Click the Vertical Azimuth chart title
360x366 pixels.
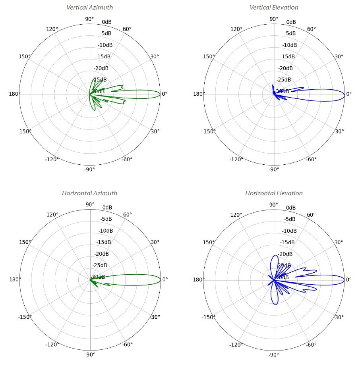89,8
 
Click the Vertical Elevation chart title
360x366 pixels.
274,8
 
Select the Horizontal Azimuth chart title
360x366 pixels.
89,193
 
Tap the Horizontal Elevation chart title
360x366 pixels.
274,193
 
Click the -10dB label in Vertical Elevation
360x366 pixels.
289,45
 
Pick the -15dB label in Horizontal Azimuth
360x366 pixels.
105,242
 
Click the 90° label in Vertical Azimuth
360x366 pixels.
90,19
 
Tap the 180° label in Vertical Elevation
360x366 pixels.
199,94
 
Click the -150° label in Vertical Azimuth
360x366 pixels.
24,131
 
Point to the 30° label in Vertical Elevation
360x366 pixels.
339,56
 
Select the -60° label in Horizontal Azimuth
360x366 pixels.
128,344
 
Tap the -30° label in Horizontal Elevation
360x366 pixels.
339,317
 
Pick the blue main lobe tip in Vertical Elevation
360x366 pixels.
344,94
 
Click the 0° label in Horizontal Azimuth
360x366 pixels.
165,279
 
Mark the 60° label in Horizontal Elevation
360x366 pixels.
312,215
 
